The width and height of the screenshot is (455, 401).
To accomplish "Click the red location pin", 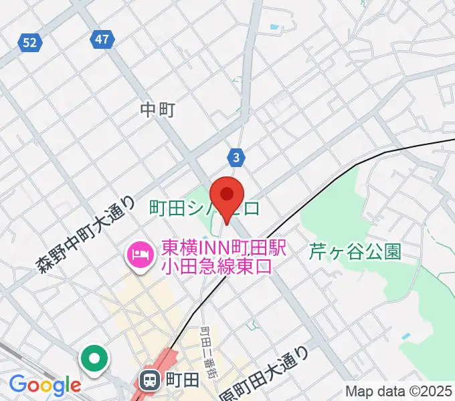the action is point(227,196).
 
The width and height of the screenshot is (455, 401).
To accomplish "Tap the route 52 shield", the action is point(29,43).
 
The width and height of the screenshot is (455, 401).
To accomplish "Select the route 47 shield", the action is point(101,39).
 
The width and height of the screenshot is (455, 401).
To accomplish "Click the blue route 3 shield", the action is point(237,158).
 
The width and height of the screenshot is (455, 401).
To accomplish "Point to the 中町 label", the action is point(158,109).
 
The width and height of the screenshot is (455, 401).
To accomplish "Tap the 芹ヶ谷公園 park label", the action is point(355,251).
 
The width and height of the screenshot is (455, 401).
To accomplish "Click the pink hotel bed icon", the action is point(139,254).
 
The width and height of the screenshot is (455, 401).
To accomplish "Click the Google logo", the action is point(44,385).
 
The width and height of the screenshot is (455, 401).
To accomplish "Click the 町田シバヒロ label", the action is point(205,209).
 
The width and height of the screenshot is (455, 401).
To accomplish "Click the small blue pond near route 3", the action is point(274,28).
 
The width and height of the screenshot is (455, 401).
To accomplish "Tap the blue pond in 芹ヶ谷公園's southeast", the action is point(406,336).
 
